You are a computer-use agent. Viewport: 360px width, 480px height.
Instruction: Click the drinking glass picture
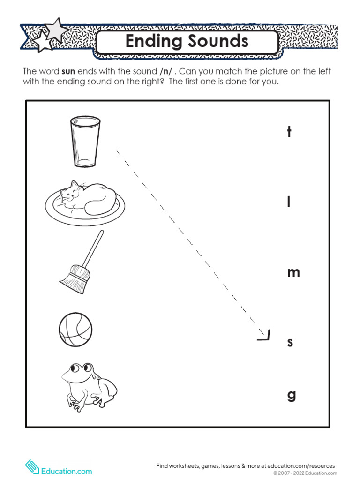85,141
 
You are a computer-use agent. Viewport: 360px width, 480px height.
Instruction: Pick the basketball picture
75,330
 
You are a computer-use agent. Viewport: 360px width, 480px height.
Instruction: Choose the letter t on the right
289,132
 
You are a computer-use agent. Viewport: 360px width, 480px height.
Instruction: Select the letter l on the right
289,202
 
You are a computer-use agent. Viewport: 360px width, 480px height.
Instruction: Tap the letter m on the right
293,272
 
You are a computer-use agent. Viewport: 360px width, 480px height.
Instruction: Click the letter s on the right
290,342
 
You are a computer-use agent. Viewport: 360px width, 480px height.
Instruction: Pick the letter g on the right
292,395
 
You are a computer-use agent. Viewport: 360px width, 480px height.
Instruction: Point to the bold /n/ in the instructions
165,72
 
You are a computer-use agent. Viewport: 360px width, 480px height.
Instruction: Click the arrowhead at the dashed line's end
265,336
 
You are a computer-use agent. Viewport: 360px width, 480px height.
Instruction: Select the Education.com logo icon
32,467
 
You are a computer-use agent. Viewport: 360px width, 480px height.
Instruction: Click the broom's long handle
95,248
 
